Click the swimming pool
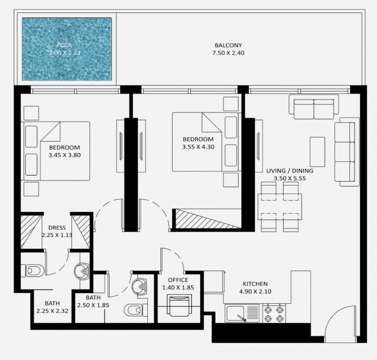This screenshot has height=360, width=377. [x=67, y=49]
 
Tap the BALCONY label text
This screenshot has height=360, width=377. [x=228, y=45]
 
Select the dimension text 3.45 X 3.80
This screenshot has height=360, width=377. [x=65, y=155]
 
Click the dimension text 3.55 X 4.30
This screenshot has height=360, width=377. [x=198, y=147]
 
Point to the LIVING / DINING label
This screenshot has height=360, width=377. [x=290, y=170]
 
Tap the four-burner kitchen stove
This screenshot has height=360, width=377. [x=274, y=313]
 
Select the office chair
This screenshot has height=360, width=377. [x=178, y=305]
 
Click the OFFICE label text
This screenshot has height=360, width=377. [x=178, y=280]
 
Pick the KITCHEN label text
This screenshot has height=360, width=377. [x=255, y=284]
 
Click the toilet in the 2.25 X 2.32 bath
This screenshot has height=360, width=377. [x=33, y=271]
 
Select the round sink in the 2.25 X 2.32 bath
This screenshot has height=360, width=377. [x=82, y=271]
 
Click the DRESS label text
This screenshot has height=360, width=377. [x=57, y=228]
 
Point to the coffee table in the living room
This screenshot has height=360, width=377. [x=317, y=152]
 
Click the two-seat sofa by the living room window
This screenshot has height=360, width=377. [x=314, y=107]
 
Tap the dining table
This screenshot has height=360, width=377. [x=280, y=206]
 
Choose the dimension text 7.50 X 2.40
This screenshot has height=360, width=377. [x=228, y=53]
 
